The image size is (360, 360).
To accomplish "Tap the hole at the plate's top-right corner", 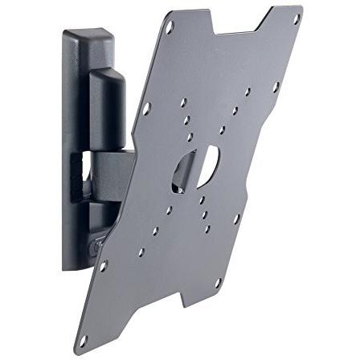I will point(296,18).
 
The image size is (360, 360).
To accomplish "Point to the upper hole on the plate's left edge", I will point(146,107).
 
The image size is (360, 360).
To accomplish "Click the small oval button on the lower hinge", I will point(96,246).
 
